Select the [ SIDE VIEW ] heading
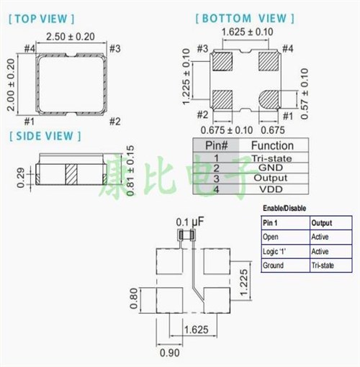coord(45,135)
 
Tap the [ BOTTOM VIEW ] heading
coord(246,18)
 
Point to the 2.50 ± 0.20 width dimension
coord(71,36)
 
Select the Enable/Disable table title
coord(284,208)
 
